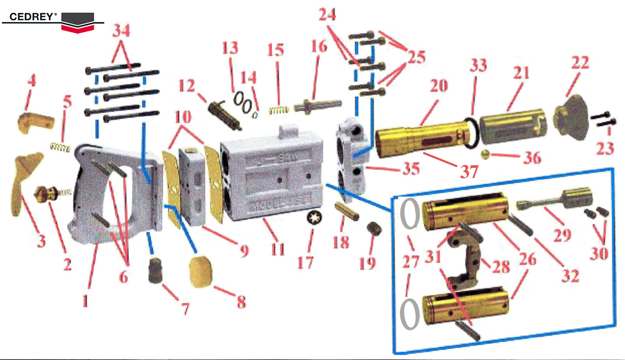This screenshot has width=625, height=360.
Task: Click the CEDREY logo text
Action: [32, 17]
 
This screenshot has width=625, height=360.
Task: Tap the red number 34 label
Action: [121, 30]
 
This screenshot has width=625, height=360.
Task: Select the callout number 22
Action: [580, 63]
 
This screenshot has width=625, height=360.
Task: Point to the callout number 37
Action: [469, 171]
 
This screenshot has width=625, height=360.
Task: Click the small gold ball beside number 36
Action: [485, 154]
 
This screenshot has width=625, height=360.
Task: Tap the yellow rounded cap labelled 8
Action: [200, 271]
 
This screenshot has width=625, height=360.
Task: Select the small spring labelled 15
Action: [279, 110]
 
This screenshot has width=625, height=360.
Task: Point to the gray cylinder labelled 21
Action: [513, 126]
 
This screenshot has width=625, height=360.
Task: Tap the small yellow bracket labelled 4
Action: [36, 122]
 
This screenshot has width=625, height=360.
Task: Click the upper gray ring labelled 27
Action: [410, 213]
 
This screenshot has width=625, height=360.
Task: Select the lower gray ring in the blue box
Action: [410, 314]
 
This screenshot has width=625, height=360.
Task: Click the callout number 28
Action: [501, 267]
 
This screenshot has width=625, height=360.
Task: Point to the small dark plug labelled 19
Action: [374, 229]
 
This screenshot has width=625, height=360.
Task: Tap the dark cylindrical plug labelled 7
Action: [155, 270]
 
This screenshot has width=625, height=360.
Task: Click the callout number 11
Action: [277, 249]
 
